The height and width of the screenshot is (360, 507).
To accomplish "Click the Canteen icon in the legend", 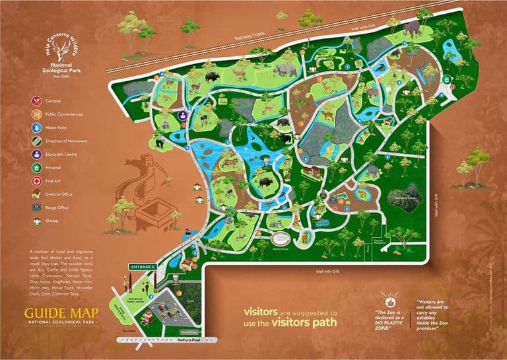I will tap(34, 101).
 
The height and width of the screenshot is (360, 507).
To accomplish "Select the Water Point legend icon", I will tap(34, 127).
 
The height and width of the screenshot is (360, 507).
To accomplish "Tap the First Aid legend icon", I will tap(34, 180).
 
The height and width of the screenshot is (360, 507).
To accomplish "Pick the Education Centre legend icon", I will tap(34, 154).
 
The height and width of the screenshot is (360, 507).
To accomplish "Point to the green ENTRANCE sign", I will tap(142, 267).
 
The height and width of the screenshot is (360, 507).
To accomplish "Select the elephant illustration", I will tap(412, 28).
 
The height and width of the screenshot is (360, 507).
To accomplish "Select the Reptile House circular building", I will tap(280, 238).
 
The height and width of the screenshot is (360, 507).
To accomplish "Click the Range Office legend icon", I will tap(34, 207).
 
